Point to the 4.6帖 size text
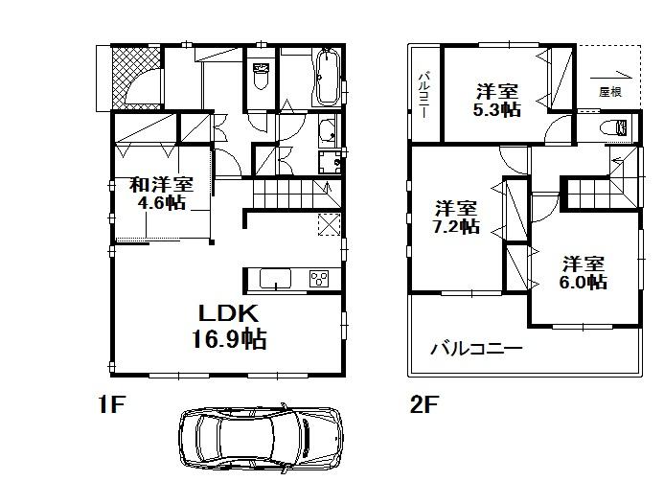point(162,202)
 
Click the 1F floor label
point(110,405)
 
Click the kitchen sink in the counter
point(275,279)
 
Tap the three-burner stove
point(317,279)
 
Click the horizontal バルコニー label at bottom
point(475,349)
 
